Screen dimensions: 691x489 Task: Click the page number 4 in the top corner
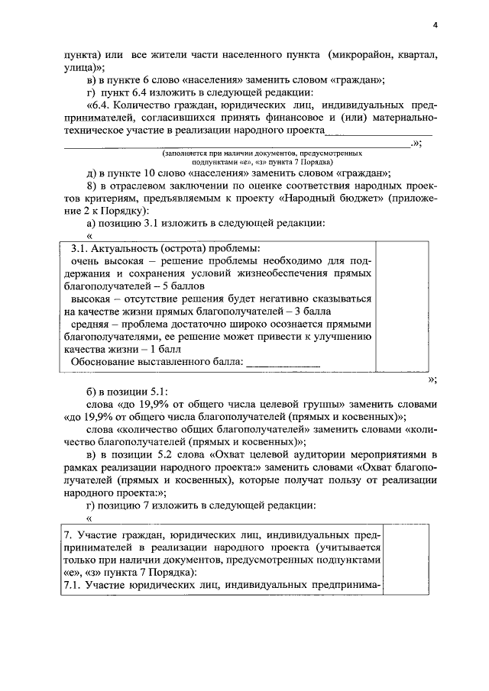tap(435, 24)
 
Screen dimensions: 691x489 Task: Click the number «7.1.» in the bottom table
tap(74, 585)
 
